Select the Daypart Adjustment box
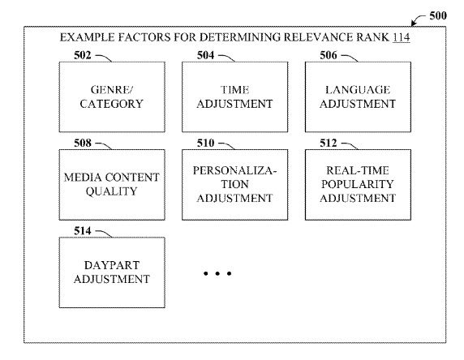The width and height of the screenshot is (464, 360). click(x=111, y=272)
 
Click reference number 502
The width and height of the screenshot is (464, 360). click(x=84, y=56)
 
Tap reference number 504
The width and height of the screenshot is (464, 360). click(x=207, y=56)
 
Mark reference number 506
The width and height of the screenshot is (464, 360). click(x=329, y=56)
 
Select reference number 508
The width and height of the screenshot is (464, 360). click(x=84, y=144)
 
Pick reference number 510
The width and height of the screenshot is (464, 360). click(x=207, y=144)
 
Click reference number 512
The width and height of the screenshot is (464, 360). click(x=329, y=144)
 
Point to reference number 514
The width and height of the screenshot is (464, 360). click(x=84, y=231)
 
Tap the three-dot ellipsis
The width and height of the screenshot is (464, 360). click(x=217, y=274)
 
